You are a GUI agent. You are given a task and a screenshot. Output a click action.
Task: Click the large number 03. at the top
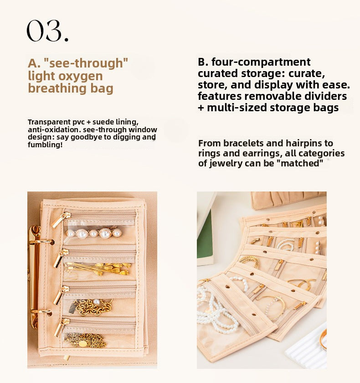coord(47,31)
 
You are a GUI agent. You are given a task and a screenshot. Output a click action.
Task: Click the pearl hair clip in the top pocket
coord(93,233)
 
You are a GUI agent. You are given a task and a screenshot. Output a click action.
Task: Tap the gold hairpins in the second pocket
coord(98,268)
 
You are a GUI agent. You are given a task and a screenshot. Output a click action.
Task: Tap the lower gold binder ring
coord(38,315)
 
